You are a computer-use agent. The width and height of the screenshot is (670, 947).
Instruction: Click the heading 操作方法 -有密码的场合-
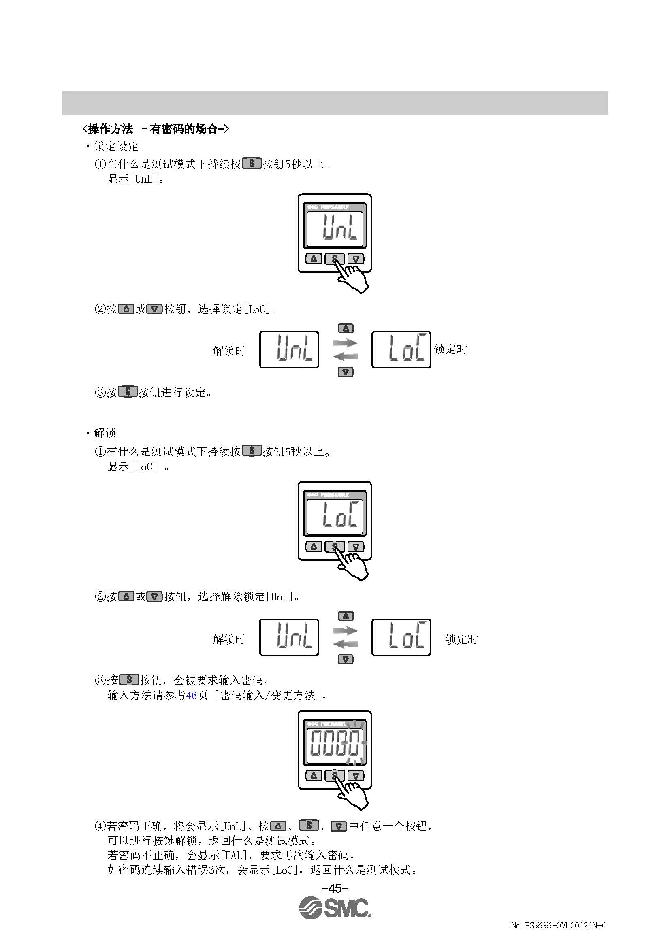point(156,129)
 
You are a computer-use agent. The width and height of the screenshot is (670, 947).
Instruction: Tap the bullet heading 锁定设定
point(116,147)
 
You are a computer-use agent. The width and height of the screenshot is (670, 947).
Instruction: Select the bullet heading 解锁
point(105,433)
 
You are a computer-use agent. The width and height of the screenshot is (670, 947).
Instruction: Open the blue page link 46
point(191,696)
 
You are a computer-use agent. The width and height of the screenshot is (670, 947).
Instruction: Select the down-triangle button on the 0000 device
point(356,776)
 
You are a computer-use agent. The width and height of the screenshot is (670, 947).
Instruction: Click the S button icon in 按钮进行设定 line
point(128,392)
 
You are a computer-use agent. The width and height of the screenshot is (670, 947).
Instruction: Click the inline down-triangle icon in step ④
point(339,826)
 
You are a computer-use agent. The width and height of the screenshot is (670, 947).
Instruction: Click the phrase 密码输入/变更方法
point(267,696)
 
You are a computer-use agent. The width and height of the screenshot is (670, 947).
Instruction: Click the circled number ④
point(100,826)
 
